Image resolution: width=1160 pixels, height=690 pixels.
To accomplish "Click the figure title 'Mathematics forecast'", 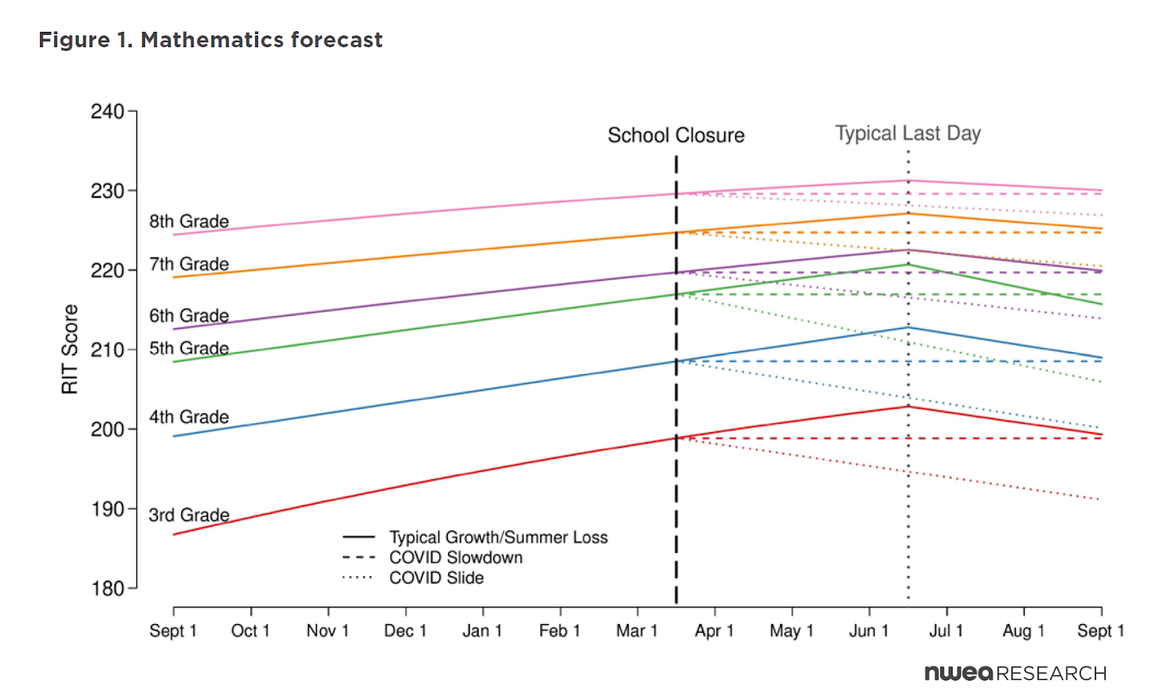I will tap(210, 40).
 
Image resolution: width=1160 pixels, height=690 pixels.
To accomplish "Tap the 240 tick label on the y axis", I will tap(107, 112).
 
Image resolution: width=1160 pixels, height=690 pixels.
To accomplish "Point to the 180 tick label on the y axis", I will tap(107, 589).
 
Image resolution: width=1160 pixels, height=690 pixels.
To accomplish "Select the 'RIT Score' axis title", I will tap(70, 349).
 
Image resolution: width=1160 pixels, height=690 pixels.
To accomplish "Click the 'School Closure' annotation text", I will tap(676, 136).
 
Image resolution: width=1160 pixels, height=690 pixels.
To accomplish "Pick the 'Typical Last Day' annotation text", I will tap(908, 133).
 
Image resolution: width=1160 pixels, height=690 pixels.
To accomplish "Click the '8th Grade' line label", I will tap(189, 222).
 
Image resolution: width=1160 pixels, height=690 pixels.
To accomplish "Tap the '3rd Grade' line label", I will tap(189, 515).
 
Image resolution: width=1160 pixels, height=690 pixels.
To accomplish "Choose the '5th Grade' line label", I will tap(189, 349).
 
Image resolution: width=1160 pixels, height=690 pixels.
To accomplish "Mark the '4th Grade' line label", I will tap(189, 417).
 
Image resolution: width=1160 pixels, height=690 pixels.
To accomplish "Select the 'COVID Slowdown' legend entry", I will tap(455, 557).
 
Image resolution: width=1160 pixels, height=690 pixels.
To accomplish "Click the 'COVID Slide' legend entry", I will tap(436, 578).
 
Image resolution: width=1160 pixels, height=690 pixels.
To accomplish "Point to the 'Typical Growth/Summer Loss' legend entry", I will tap(498, 537).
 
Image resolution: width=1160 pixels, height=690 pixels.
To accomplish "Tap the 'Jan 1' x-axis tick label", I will tap(482, 631).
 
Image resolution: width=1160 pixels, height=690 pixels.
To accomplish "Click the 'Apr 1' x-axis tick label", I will tap(714, 631).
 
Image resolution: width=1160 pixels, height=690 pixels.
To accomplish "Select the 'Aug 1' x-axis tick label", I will tap(1023, 631).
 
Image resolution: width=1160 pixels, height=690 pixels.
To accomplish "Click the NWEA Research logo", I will tap(1015, 673).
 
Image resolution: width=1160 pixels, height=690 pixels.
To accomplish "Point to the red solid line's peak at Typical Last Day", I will tap(908, 407).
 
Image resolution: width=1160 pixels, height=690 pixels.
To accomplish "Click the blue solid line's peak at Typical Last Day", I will tap(908, 328).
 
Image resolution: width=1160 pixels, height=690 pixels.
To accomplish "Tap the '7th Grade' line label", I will tap(189, 265).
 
